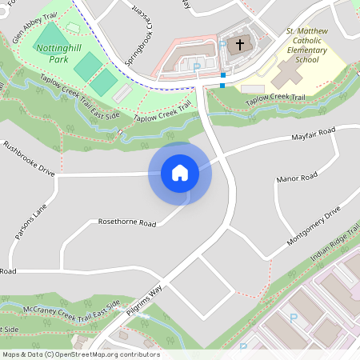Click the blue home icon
[x=179, y=172]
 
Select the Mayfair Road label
[x=313, y=133]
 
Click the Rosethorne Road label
[x=126, y=222]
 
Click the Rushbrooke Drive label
[x=29, y=158]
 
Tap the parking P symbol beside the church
[x=197, y=67]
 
